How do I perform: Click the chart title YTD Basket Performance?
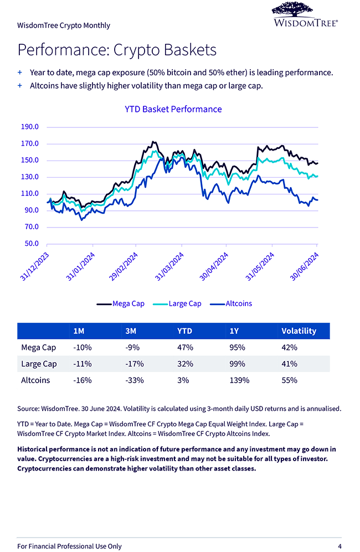click(x=173, y=109)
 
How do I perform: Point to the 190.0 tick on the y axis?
click(x=29, y=127)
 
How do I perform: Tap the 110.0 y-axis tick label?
click(x=29, y=194)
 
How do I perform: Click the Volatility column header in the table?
click(x=299, y=331)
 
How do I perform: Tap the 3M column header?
click(x=132, y=331)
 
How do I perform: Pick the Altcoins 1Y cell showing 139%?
click(x=239, y=380)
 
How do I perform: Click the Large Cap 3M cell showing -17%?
click(x=135, y=364)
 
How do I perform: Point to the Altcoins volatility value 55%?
click(x=289, y=380)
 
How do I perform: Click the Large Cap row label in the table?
click(x=39, y=364)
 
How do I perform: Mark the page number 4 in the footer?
click(x=340, y=546)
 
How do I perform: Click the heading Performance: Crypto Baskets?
click(x=117, y=50)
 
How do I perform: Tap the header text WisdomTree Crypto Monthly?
click(x=64, y=25)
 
